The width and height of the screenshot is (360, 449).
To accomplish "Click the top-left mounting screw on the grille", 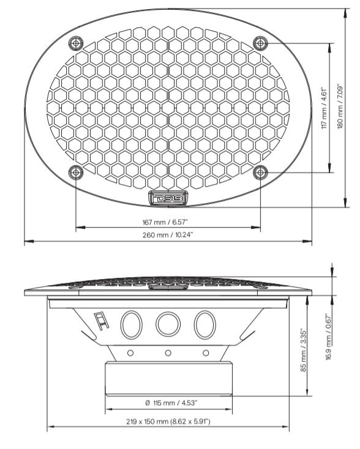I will click(x=75, y=43).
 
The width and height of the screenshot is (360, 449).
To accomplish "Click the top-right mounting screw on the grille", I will click(x=260, y=43).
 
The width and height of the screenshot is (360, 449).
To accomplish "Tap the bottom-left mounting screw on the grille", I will click(x=75, y=173).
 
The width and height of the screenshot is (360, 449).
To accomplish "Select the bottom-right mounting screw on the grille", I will click(x=260, y=173).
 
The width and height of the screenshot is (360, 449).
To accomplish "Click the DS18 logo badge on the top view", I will click(x=168, y=198).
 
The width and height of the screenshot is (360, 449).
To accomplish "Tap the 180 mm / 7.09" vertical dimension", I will click(x=340, y=108).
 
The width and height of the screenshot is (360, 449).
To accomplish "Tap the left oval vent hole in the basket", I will click(x=130, y=324).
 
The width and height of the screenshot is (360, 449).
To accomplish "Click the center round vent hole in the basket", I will click(x=167, y=324).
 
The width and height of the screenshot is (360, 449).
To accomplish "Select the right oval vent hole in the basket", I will click(x=204, y=324).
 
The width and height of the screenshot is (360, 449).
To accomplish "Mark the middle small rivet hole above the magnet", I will click(x=168, y=352).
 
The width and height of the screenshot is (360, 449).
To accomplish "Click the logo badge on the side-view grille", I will click(x=167, y=286).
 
